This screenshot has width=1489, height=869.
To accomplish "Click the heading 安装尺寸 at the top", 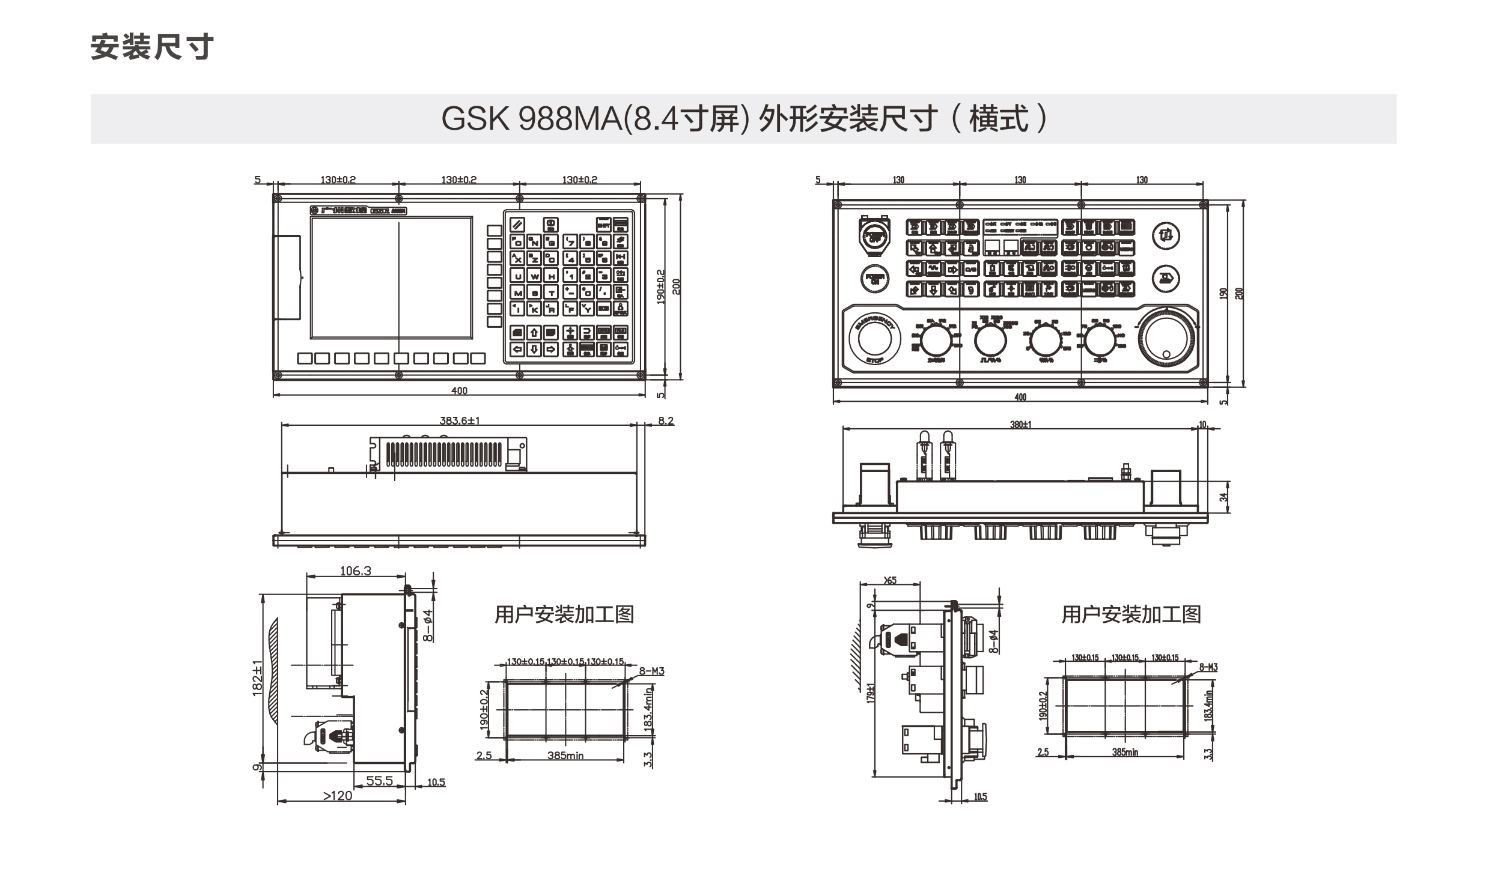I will click(152, 47).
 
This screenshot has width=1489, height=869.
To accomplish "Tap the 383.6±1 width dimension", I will click(459, 421).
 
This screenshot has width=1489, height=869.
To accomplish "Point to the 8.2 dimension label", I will click(666, 421).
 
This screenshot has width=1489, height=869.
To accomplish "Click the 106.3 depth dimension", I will click(356, 571).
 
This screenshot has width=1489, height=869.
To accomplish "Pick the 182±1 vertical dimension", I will click(258, 678).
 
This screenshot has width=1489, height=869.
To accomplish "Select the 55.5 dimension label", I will click(379, 781).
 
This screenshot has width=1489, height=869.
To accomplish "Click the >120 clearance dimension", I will click(338, 796).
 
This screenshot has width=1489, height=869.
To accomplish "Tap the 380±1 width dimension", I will click(1020, 425).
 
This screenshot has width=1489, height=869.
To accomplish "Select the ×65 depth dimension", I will click(890, 580).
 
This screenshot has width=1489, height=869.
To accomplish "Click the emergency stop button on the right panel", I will click(875, 339).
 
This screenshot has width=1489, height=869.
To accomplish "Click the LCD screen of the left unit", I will click(391, 278).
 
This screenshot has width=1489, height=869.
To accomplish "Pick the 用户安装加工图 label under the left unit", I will click(564, 614).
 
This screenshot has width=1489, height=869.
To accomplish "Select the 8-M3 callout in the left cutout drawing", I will click(651, 671).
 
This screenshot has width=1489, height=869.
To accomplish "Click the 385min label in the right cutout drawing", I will click(1124, 752).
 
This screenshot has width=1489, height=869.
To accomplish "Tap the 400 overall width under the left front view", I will click(459, 391).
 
